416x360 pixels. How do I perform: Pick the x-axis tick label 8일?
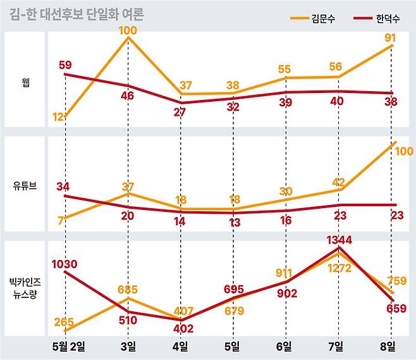(387, 345)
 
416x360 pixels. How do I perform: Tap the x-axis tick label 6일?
(284, 345)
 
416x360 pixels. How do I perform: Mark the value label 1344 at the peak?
(340, 240)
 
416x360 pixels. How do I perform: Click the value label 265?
(64, 322)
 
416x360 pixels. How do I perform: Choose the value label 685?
(129, 290)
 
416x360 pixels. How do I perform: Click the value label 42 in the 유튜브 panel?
(339, 182)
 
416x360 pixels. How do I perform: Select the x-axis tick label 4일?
(180, 345)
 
